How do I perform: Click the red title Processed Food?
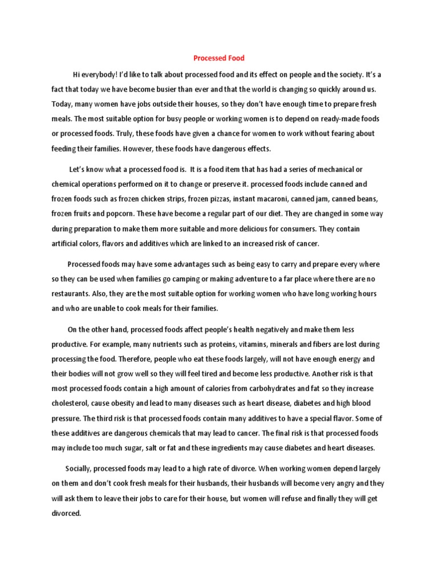(219, 58)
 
